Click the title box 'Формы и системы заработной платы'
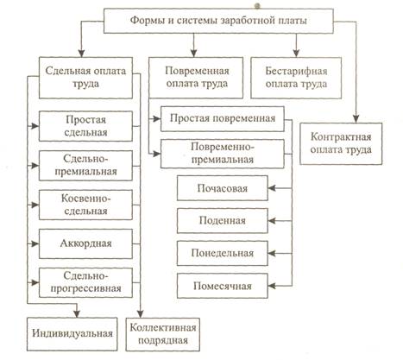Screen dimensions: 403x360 pos(218,21)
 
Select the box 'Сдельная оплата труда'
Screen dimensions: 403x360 pos(85,78)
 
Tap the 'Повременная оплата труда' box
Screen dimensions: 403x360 pos(196,78)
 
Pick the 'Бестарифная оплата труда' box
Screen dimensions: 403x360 pos(296,78)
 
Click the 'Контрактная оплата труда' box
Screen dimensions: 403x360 pos(341,143)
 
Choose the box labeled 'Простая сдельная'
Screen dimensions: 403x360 pos(85,126)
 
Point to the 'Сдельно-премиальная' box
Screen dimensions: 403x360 pos(85,166)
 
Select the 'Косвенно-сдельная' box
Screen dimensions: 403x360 pos(85,205)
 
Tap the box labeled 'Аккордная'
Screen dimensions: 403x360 pos(85,243)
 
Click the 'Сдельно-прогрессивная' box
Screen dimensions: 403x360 pos(85,282)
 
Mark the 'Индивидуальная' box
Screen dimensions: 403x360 pos(72,334)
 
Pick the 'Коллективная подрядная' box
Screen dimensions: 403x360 pos(163,334)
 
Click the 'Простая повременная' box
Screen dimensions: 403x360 pos(223,118)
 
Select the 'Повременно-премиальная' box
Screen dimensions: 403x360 pos(223,154)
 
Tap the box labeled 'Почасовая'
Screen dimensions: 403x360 pos(223,188)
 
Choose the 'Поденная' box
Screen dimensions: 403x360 pos(223,221)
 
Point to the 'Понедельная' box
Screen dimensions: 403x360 pos(223,253)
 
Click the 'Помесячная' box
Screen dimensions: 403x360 pos(223,286)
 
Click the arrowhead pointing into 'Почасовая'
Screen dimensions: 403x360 pos(272,188)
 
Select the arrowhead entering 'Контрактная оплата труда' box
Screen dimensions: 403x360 pos(356,119)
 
